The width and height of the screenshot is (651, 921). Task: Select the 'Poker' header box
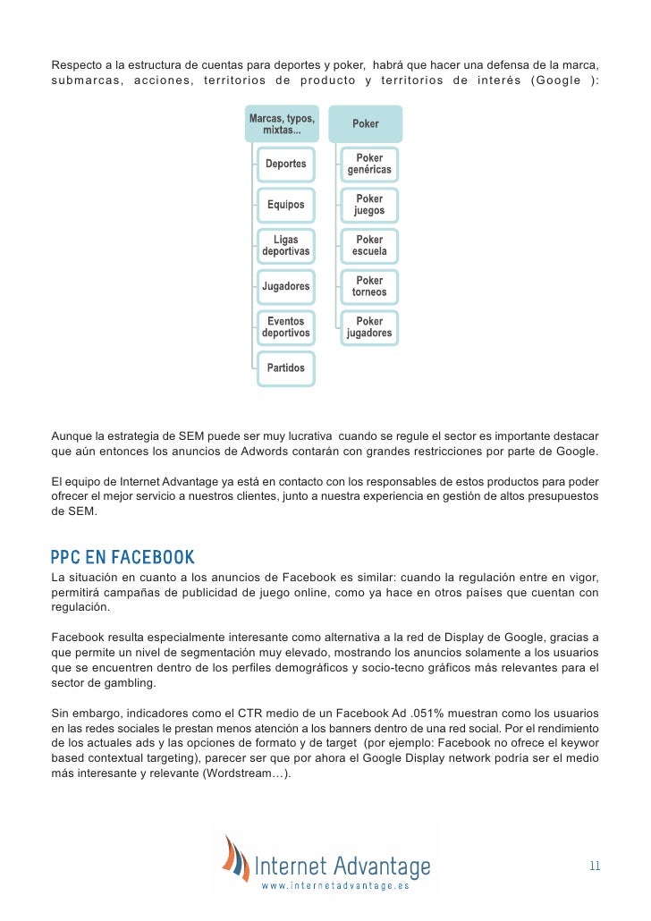pos(366,124)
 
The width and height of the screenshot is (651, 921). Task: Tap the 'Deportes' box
pos(285,165)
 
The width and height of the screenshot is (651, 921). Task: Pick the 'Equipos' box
pos(285,205)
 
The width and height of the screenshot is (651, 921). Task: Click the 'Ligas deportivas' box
pos(285,246)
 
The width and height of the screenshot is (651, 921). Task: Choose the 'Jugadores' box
pos(285,287)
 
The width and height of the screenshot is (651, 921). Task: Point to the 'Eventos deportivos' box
pos(285,327)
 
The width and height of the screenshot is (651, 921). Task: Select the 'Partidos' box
pos(285,368)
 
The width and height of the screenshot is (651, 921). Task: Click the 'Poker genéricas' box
pos(369,165)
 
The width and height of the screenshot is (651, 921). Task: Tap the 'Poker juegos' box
pos(369,205)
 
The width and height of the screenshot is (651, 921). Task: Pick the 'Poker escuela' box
pos(369,246)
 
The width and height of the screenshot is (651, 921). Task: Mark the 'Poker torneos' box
pos(369,287)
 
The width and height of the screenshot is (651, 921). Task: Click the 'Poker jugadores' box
pos(369,327)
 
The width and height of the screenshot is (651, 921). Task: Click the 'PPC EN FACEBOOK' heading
pos(123,558)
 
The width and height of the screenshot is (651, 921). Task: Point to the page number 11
pos(595,866)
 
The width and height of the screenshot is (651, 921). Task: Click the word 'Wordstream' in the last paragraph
pos(235,773)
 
